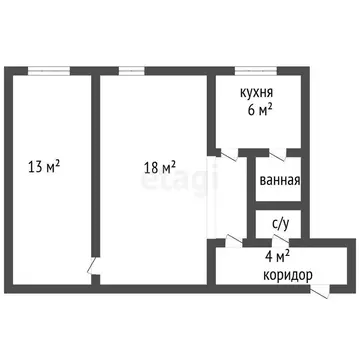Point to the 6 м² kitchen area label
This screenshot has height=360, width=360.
[x=260, y=112]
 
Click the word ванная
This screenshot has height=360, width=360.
[x=279, y=182]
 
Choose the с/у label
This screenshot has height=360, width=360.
[x=280, y=226]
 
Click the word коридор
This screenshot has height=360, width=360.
[x=287, y=275]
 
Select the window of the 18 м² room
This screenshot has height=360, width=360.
[x=132, y=69]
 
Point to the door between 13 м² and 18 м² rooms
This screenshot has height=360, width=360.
[x=92, y=267]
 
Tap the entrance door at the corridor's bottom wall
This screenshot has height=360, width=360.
[x=320, y=291]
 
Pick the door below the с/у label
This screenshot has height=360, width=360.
[x=286, y=240]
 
